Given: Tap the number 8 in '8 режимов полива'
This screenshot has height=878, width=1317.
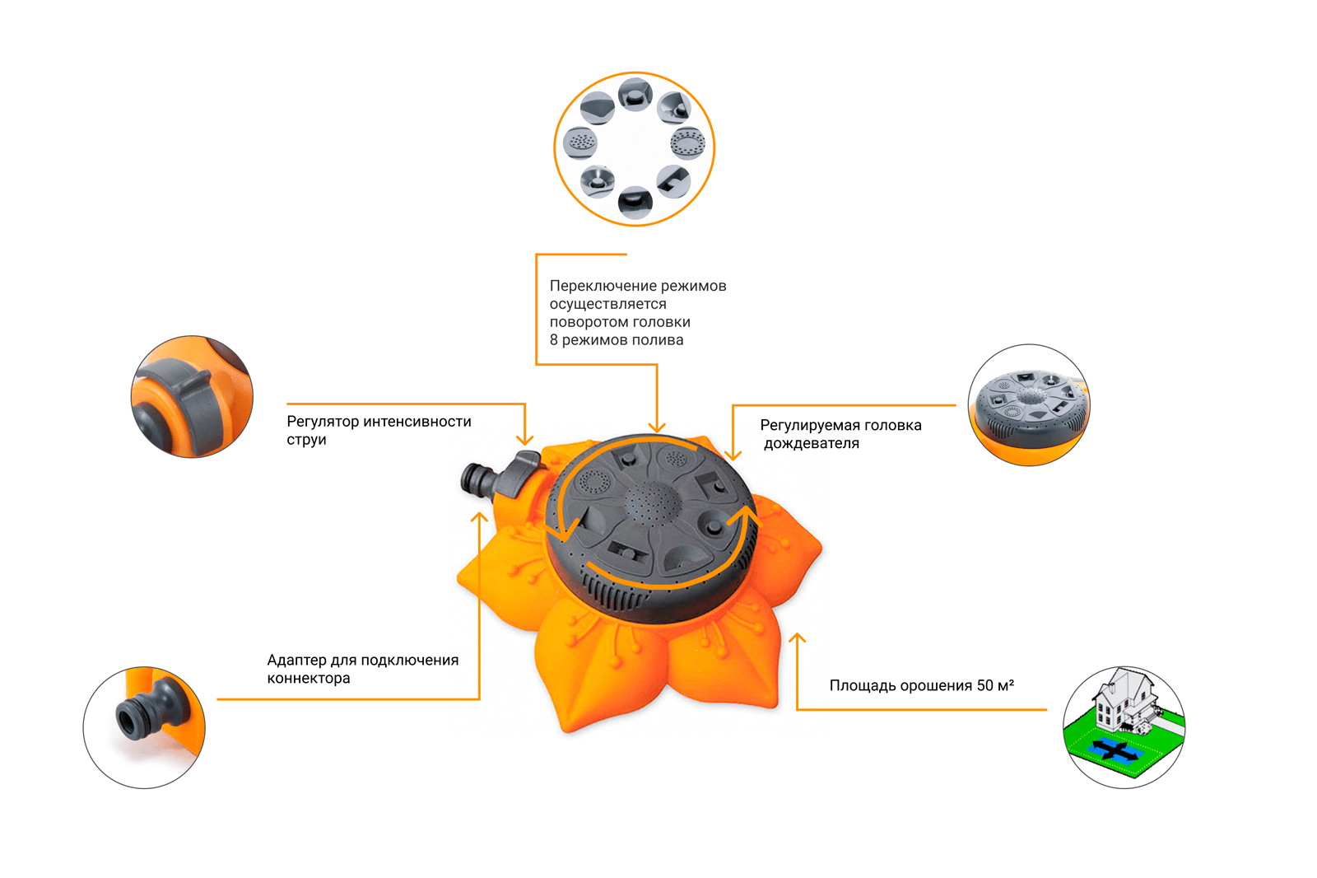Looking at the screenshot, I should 554,340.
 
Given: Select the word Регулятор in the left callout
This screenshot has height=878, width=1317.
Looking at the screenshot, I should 323,422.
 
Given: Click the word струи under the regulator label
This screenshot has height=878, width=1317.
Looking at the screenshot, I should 306,440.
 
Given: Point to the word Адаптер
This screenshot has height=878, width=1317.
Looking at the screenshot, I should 296,660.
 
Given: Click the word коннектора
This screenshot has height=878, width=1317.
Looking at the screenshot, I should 309,679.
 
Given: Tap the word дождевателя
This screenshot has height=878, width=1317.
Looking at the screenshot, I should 812,444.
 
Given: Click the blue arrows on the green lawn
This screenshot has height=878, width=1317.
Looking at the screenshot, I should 1115,750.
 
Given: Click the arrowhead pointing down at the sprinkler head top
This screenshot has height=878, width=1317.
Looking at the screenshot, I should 657,427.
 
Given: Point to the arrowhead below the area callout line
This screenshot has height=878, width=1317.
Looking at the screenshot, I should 797,637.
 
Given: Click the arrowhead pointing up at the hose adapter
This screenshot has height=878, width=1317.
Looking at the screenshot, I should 479,518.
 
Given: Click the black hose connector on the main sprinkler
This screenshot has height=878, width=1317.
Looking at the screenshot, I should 477,479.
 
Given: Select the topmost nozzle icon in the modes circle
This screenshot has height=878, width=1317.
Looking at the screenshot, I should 635,94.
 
